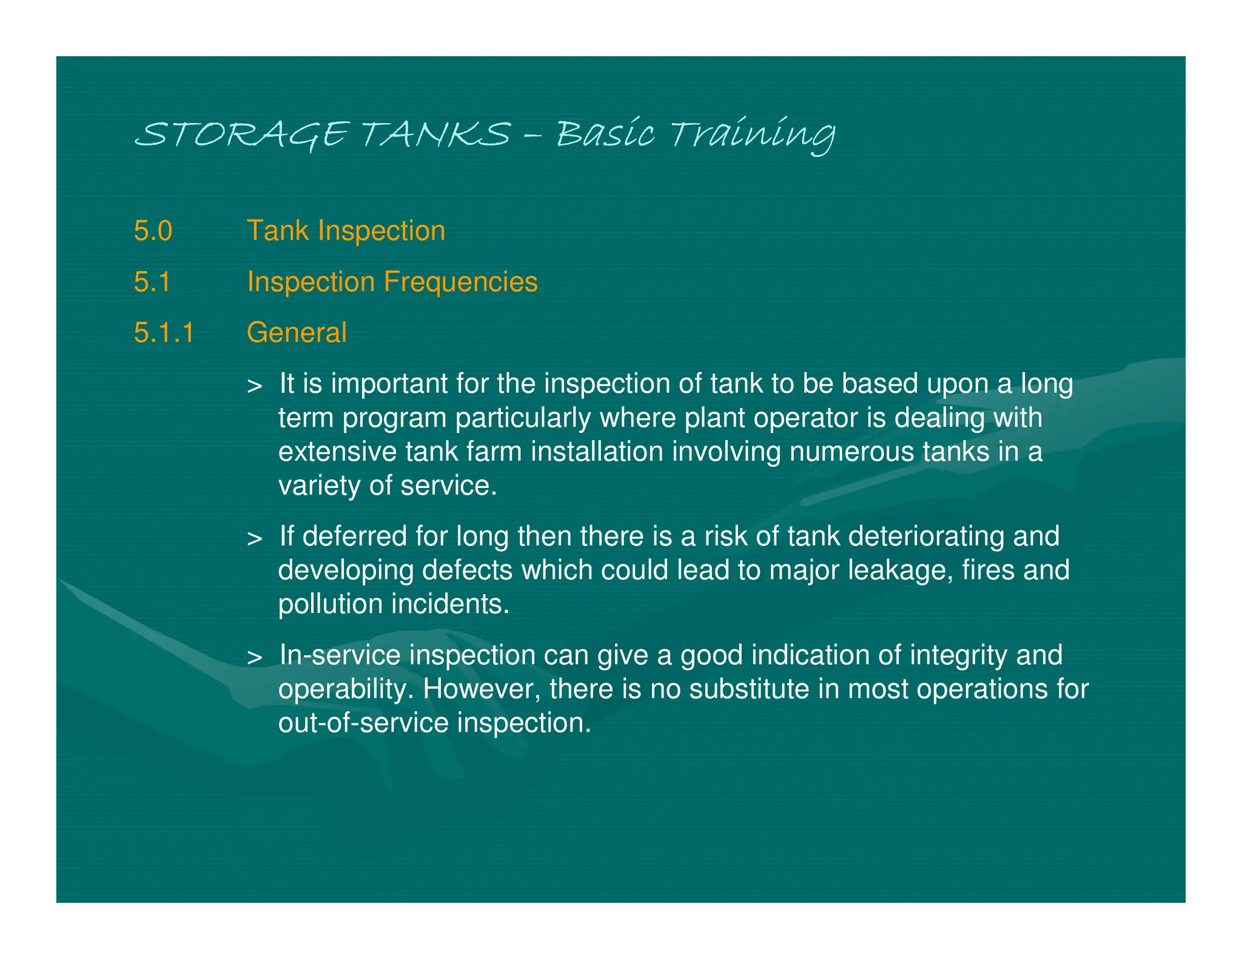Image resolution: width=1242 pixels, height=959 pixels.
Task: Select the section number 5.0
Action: [153, 231]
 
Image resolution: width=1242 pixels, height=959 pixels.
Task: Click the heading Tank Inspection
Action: [346, 231]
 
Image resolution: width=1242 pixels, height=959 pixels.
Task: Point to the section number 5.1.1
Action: [164, 333]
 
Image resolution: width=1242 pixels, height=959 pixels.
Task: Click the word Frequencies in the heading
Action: [460, 282]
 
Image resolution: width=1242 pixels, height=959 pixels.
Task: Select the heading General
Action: [297, 333]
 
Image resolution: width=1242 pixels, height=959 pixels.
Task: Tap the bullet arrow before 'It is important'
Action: [255, 386]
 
